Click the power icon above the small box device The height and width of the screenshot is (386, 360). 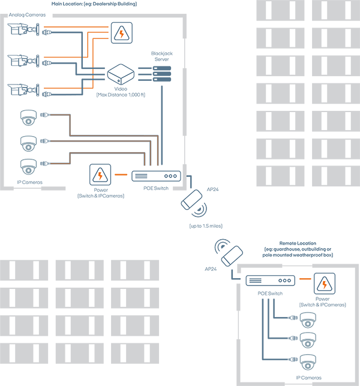click(x=121, y=34)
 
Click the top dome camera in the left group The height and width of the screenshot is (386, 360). click(x=29, y=117)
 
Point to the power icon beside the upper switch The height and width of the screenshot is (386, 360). click(x=100, y=174)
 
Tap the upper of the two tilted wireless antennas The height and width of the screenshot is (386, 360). click(x=192, y=200)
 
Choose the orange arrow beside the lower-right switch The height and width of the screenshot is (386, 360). click(x=305, y=281)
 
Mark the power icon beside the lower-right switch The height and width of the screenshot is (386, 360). click(x=325, y=282)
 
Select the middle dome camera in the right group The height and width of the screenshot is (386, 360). click(x=308, y=340)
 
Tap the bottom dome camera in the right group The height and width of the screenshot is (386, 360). click(x=308, y=362)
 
